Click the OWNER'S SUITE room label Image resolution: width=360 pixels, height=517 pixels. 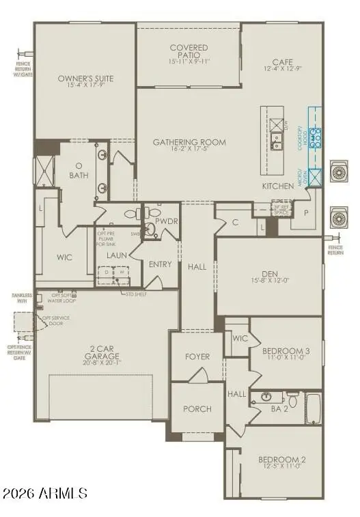(x=85, y=79)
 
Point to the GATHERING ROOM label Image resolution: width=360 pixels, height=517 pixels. (x=189, y=142)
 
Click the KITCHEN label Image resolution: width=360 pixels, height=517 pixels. (x=278, y=186)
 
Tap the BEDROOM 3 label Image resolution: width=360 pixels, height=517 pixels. (x=286, y=351)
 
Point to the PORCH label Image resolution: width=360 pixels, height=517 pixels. (x=197, y=409)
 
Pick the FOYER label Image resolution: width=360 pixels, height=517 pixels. (x=197, y=357)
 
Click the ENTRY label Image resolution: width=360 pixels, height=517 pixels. (x=160, y=264)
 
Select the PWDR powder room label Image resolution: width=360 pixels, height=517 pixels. (x=165, y=222)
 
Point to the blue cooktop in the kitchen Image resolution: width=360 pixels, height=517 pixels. (x=316, y=139)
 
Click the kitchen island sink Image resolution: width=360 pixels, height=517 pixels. (x=277, y=142)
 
